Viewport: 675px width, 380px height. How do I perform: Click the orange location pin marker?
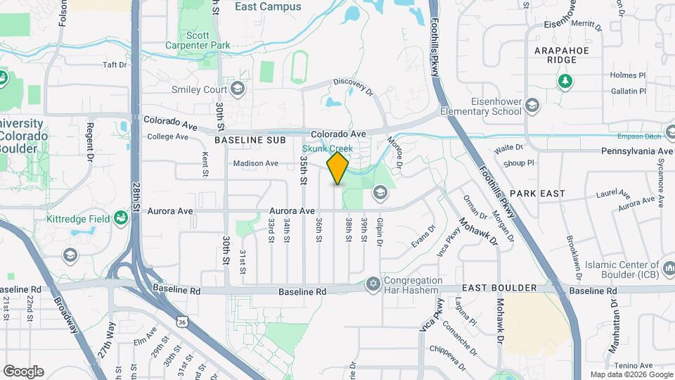point(337,168)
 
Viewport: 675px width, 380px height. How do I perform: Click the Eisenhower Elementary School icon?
point(532,106)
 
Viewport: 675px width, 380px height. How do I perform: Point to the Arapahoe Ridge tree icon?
point(565,82)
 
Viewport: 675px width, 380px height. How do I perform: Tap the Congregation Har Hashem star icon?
point(373,284)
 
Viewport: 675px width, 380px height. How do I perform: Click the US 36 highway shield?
point(183,321)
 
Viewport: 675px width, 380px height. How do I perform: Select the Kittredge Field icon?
point(122,219)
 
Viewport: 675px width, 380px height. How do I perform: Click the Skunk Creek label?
point(328,148)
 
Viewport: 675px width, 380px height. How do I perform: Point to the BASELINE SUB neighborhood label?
point(250,141)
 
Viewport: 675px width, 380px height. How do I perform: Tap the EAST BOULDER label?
point(500,289)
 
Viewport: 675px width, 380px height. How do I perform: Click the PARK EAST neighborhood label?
point(533,193)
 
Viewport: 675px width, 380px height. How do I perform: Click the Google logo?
point(23,371)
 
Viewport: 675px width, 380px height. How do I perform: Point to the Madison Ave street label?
point(256,163)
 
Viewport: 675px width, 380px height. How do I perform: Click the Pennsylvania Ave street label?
point(637,151)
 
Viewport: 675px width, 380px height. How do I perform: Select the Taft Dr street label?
point(114,65)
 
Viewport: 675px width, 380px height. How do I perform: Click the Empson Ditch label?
point(636,137)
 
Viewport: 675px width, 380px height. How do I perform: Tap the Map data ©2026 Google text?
point(630,374)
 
